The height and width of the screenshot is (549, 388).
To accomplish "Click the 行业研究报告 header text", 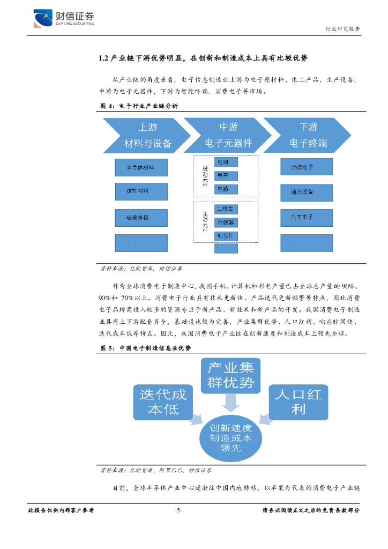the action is (343, 29).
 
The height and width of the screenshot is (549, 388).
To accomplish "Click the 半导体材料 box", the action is (141, 168).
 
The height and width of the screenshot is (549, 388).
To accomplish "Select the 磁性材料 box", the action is (141, 191).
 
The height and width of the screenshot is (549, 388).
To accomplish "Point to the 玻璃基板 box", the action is (141, 218).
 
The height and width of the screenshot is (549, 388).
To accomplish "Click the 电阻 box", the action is (226, 161).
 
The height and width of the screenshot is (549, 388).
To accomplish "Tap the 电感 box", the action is (226, 189).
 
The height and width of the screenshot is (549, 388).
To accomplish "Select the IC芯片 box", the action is (226, 236).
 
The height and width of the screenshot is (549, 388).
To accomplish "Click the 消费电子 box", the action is (306, 168).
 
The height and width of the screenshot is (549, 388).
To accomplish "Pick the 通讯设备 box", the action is (306, 191).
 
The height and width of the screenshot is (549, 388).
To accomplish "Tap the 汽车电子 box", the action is (306, 217).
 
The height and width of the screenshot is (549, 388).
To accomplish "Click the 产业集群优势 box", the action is (229, 375).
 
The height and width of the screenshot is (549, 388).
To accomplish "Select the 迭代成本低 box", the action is (163, 402).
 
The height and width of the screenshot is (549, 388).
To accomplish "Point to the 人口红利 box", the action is (298, 402).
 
